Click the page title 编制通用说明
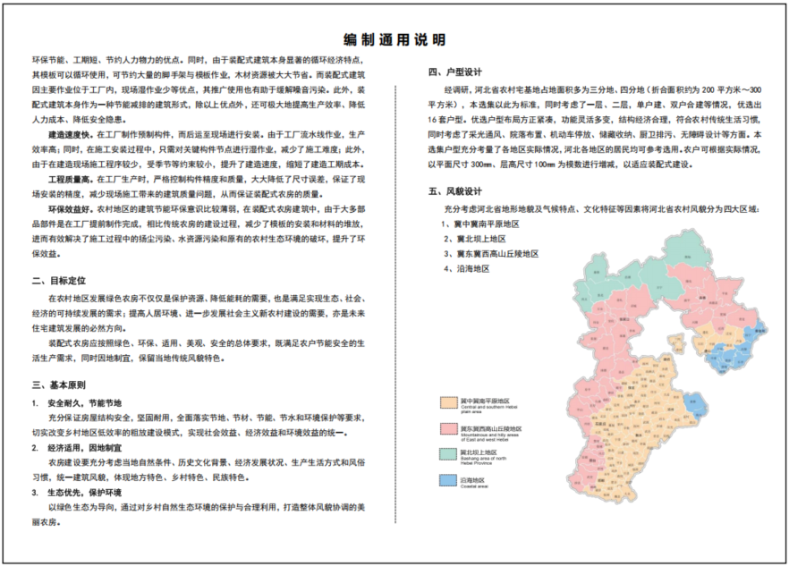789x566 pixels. pyautogui.click(x=394, y=40)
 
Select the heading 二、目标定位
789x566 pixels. pyautogui.click(x=62, y=280)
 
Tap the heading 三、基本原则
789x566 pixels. pyautogui.click(x=62, y=385)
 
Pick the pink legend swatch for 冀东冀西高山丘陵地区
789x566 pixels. pyautogui.click(x=447, y=430)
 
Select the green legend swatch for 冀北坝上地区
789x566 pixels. pyautogui.click(x=447, y=456)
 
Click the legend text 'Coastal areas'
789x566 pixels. pyautogui.click(x=472, y=486)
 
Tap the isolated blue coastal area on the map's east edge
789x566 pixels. pyautogui.click(x=756, y=333)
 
